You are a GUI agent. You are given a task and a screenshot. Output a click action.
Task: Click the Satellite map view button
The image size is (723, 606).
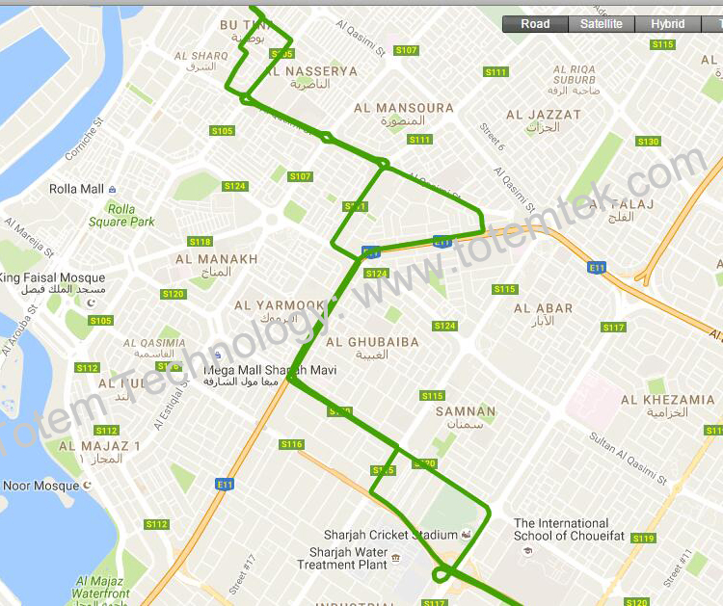(602, 24)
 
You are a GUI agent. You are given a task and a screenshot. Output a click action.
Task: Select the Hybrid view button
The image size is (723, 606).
(667, 24)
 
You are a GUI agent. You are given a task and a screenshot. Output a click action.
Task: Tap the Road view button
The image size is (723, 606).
(535, 24)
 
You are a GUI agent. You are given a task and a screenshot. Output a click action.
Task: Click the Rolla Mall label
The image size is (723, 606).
(77, 189)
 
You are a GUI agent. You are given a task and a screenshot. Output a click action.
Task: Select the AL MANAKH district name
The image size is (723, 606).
(217, 259)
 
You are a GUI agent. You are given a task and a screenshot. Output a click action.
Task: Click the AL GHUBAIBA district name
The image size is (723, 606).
(372, 342)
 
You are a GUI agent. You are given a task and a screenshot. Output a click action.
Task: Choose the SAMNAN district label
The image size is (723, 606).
(466, 411)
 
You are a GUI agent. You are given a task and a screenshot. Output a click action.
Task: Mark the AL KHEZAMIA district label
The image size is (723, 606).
(667, 400)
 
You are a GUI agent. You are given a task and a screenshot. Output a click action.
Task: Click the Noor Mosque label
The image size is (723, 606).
(40, 486)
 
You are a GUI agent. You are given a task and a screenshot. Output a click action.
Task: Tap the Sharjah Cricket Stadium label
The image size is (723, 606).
(390, 535)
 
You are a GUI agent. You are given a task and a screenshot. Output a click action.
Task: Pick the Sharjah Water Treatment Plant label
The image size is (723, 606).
(349, 559)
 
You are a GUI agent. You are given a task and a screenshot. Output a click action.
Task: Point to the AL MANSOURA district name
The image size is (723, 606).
(404, 108)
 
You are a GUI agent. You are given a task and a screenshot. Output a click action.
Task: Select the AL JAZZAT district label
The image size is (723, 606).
(544, 115)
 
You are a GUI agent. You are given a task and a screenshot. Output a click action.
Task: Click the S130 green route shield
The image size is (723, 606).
(648, 142)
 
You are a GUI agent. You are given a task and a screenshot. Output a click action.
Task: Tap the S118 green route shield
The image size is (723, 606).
(201, 242)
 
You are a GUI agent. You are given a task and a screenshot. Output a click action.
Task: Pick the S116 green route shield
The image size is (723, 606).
(291, 444)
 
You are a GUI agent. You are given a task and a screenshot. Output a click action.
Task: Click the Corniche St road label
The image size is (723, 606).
(84, 141)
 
